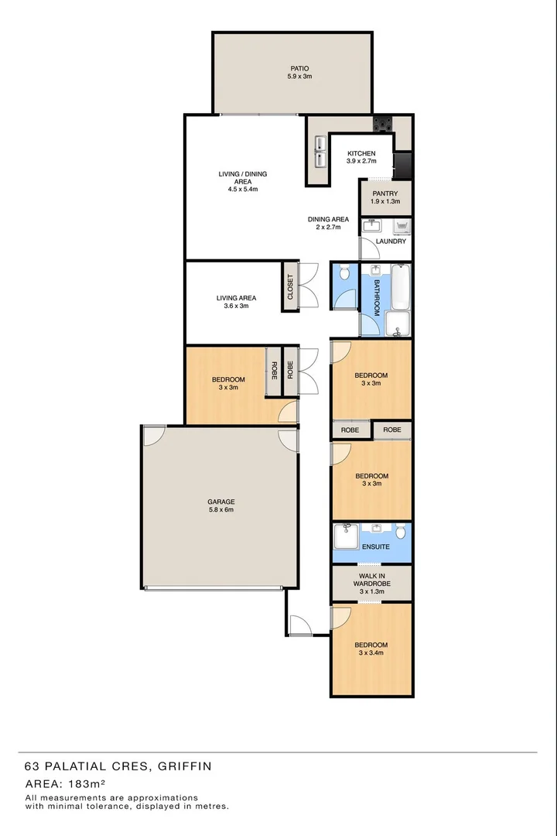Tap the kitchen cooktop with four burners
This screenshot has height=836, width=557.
point(383,123)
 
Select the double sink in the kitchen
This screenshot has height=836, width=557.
point(319,152)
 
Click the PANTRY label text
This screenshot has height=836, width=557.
point(385,194)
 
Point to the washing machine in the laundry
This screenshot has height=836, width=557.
point(402,226)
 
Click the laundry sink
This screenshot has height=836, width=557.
point(372,225)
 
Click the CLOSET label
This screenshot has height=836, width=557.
point(291,287)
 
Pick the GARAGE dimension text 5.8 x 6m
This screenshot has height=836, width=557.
point(220,509)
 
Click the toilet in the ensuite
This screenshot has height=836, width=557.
point(400,533)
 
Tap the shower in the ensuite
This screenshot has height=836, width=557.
point(346,533)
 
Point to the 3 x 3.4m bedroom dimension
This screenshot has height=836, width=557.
point(371,653)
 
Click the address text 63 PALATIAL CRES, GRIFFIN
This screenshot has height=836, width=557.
point(118,766)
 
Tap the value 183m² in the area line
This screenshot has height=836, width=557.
point(84,784)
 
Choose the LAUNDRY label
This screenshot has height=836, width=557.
point(391,242)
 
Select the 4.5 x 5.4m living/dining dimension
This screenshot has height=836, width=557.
point(242,189)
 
